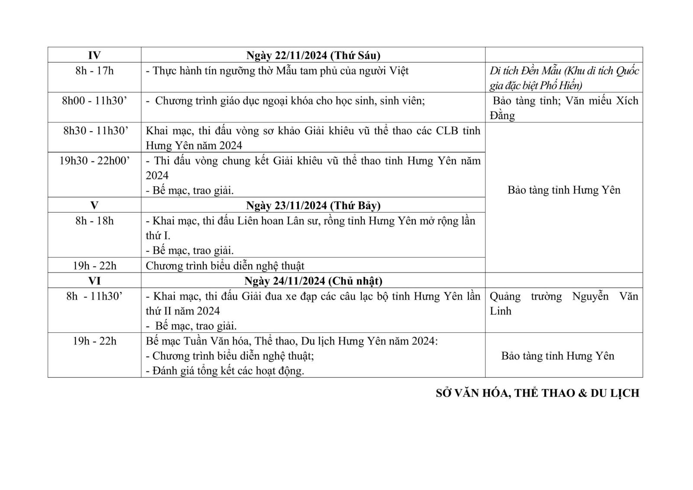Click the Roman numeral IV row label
pyautogui.click(x=94, y=55)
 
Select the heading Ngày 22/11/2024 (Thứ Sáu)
pyautogui.click(x=313, y=55)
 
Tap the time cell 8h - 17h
pyautogui.click(x=94, y=71)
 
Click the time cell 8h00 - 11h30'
pyautogui.click(x=94, y=101)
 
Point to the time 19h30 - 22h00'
pyautogui.click(x=94, y=161)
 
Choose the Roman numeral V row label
pyautogui.click(x=94, y=205)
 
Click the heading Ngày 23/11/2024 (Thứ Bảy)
pyautogui.click(x=313, y=205)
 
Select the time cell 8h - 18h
pyautogui.click(x=94, y=221)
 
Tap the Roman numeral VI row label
pyautogui.click(x=94, y=281)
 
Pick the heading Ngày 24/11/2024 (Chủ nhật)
pyautogui.click(x=313, y=281)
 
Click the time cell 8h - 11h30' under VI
pyautogui.click(x=94, y=296)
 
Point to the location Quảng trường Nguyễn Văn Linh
pyautogui.click(x=563, y=303)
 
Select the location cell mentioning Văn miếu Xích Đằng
pyautogui.click(x=563, y=108)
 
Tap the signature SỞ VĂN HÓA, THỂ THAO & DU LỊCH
pyautogui.click(x=537, y=393)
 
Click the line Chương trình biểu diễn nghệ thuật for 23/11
pyautogui.click(x=225, y=266)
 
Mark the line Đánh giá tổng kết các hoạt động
pyautogui.click(x=225, y=371)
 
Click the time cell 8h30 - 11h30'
pyautogui.click(x=94, y=131)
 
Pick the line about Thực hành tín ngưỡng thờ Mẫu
pyautogui.click(x=277, y=71)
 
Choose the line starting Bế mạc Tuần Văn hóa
pyautogui.click(x=291, y=341)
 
